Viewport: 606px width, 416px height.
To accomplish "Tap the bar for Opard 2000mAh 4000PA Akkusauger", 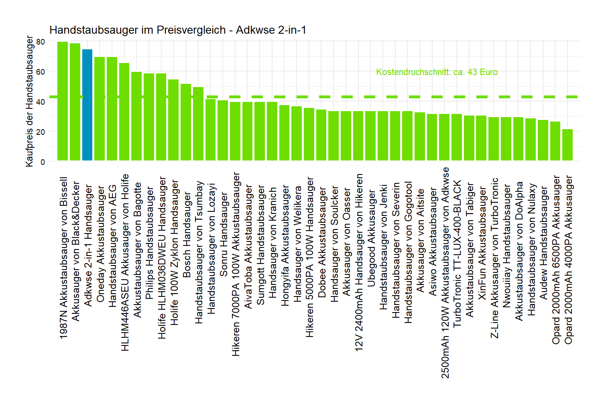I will coord(567,145).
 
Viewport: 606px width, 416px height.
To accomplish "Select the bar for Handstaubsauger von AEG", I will coord(112,109).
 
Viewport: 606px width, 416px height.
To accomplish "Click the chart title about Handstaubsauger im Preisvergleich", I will coord(178,30).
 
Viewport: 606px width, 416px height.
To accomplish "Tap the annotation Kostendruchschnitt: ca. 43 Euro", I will coord(437,72).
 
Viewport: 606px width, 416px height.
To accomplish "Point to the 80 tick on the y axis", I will coord(41,42).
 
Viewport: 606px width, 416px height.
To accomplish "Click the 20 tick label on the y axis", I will coord(41,132).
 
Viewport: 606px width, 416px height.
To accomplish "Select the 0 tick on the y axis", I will coord(43,162).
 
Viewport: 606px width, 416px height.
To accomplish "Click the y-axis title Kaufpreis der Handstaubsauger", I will coord(29,101).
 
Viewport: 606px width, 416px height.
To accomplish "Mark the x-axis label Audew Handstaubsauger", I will coord(543,243).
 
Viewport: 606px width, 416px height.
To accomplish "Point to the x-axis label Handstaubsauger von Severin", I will coord(396,250).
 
